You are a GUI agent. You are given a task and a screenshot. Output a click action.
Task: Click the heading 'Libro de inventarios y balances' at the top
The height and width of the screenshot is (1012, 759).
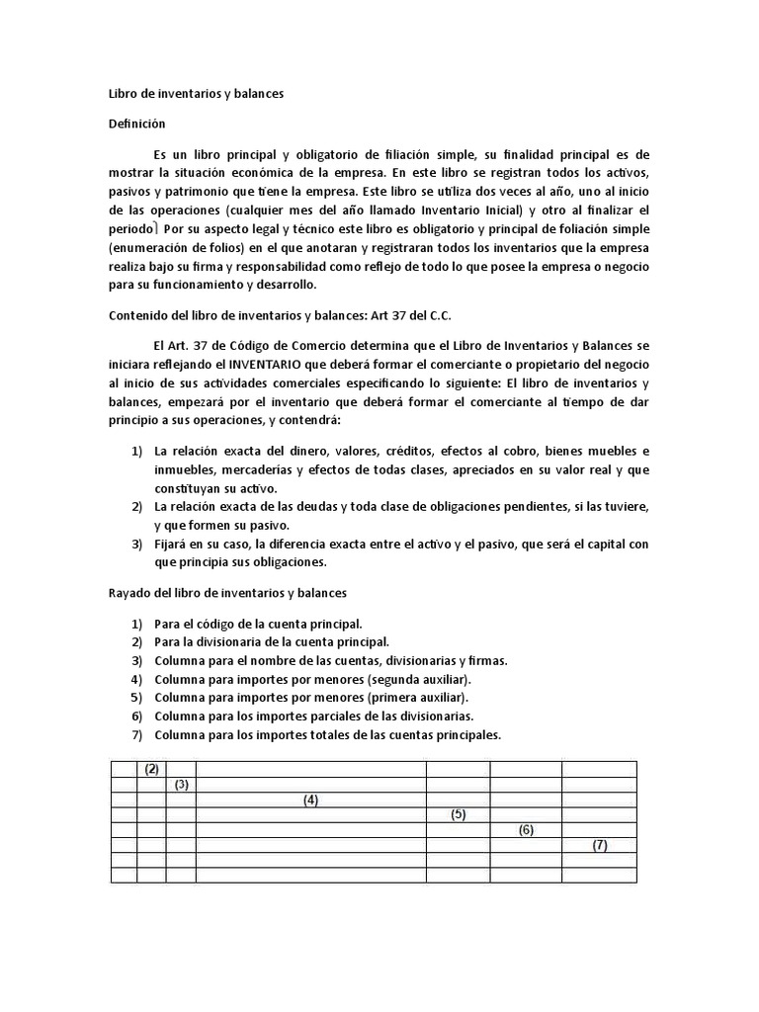tap(195, 94)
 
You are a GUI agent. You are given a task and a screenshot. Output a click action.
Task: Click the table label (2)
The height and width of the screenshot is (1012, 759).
tap(151, 769)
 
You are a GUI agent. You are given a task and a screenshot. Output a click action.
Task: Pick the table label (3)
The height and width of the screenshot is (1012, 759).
tap(181, 785)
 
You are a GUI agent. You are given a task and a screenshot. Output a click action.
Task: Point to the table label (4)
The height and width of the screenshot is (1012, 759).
tap(310, 801)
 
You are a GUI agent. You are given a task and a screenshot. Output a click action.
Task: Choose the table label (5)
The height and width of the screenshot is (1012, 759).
tap(458, 815)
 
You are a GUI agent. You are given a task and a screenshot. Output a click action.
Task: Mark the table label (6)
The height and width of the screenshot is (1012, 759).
tap(526, 830)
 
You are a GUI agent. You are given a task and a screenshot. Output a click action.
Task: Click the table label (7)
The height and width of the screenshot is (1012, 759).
tap(599, 846)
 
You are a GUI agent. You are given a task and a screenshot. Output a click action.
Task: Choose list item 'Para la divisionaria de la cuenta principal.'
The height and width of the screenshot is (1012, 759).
tap(272, 641)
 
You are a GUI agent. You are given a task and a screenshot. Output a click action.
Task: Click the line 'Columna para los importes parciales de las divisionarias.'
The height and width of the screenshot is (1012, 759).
tap(314, 716)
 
